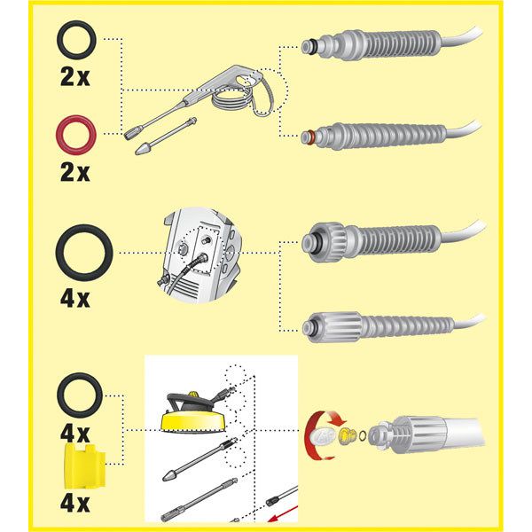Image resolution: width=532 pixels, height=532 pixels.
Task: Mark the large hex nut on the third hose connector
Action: pos(318,240)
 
